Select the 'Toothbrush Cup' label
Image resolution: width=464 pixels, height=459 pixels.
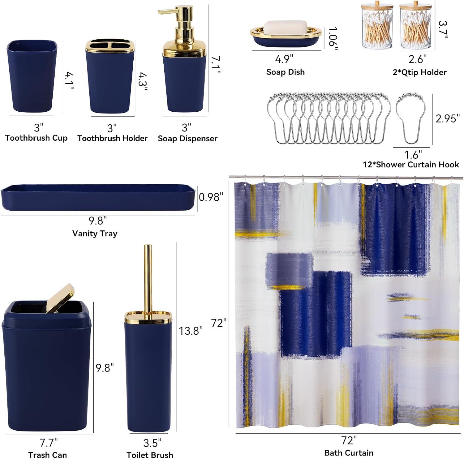click(x=36, y=138)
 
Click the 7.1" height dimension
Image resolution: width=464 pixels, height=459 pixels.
click(x=216, y=65)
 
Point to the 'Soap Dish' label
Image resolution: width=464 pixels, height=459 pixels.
click(x=286, y=72)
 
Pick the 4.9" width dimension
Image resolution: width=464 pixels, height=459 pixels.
click(x=284, y=59)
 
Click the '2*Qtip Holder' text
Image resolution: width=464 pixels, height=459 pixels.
click(x=420, y=72)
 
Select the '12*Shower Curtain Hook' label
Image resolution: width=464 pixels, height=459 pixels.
click(x=411, y=165)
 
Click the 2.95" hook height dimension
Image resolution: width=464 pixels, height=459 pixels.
click(x=448, y=118)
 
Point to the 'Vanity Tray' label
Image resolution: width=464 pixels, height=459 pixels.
click(x=95, y=234)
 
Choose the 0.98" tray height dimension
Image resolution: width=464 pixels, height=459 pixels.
click(x=211, y=197)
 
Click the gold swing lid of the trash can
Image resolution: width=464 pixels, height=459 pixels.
click(x=61, y=298)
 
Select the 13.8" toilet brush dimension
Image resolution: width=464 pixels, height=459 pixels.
click(x=191, y=331)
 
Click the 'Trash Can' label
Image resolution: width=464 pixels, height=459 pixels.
click(x=48, y=455)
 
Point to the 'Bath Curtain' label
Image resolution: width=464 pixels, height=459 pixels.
click(x=349, y=453)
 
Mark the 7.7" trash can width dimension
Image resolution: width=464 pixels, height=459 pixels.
click(x=49, y=443)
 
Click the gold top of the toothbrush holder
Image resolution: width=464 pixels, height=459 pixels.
click(x=110, y=46)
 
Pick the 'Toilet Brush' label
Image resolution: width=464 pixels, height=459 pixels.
click(x=150, y=455)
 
